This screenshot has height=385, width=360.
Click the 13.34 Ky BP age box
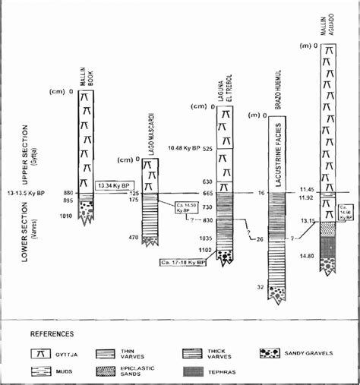pyautogui.click(x=114, y=185)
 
